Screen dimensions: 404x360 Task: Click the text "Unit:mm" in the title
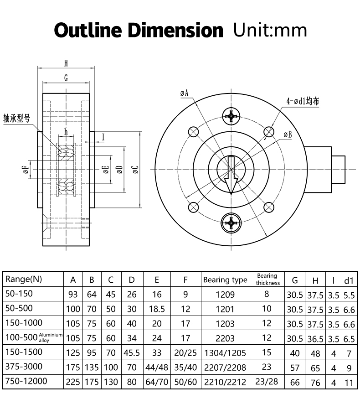tap(270, 30)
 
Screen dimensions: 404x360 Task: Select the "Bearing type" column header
tap(225, 280)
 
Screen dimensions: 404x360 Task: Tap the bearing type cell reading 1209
tap(225, 295)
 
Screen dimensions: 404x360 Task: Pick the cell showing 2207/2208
tap(225, 368)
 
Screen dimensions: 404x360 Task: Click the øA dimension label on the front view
tap(185, 93)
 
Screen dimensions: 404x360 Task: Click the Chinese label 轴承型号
tap(17, 118)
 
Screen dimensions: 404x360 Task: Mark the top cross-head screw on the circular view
tap(232, 116)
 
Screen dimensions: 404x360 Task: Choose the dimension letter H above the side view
tap(66, 63)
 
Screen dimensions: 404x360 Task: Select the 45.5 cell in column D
tap(132, 353)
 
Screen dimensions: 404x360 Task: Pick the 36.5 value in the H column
tap(315, 339)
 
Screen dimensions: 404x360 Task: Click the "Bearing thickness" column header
tap(267, 279)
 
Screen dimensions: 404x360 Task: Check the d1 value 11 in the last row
tap(349, 383)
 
